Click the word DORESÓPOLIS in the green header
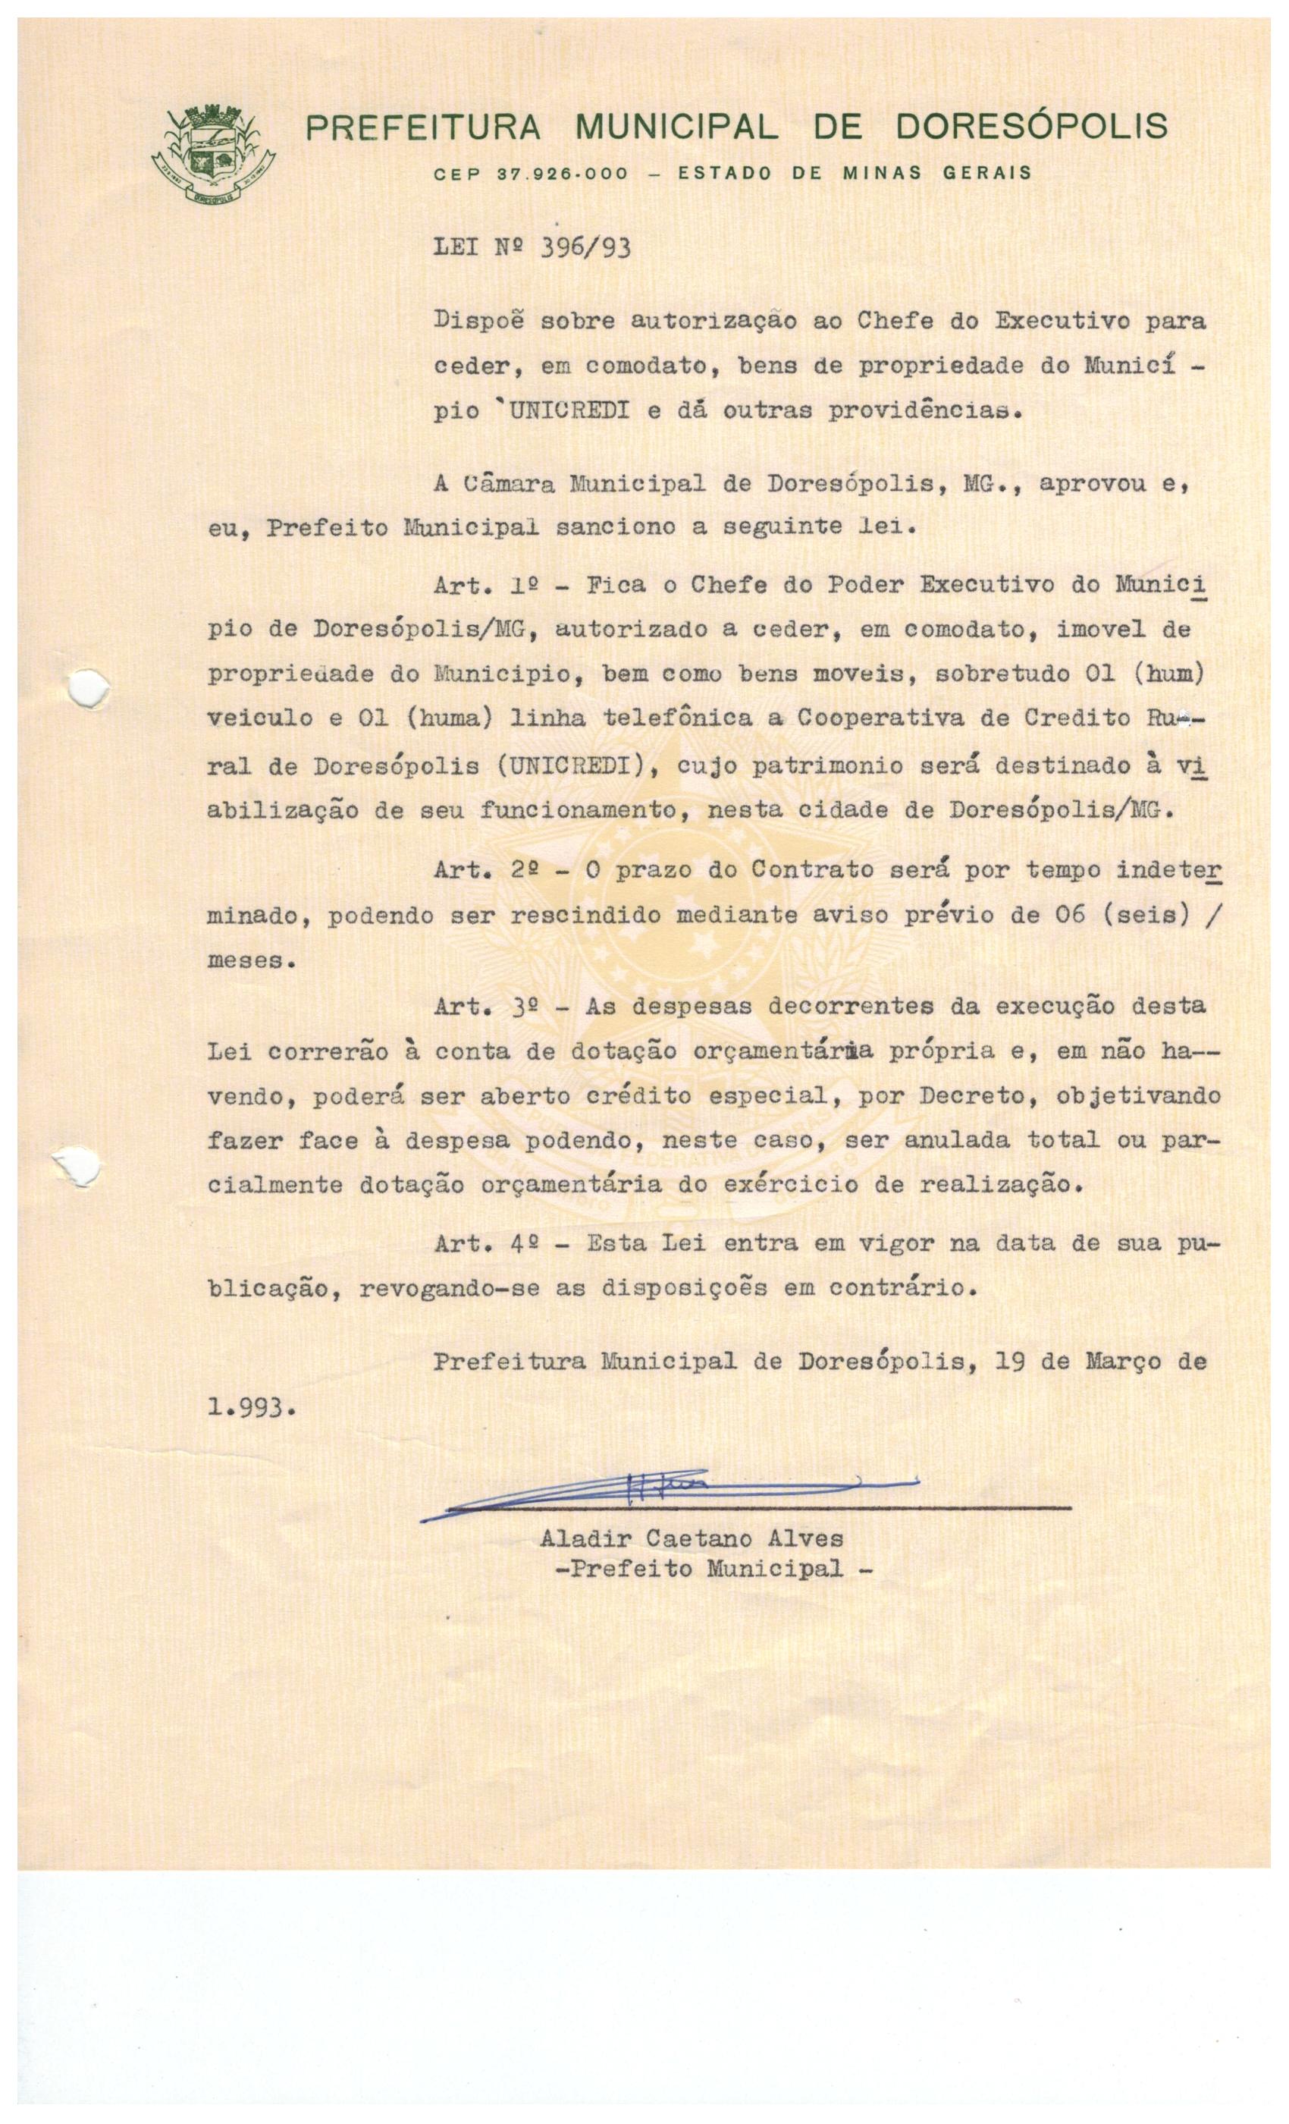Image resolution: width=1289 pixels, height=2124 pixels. (1031, 127)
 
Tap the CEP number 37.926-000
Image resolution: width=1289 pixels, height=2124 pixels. (563, 173)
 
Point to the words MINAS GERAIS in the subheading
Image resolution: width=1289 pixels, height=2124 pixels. (937, 172)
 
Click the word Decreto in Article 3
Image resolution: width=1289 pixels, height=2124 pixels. (966, 1095)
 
